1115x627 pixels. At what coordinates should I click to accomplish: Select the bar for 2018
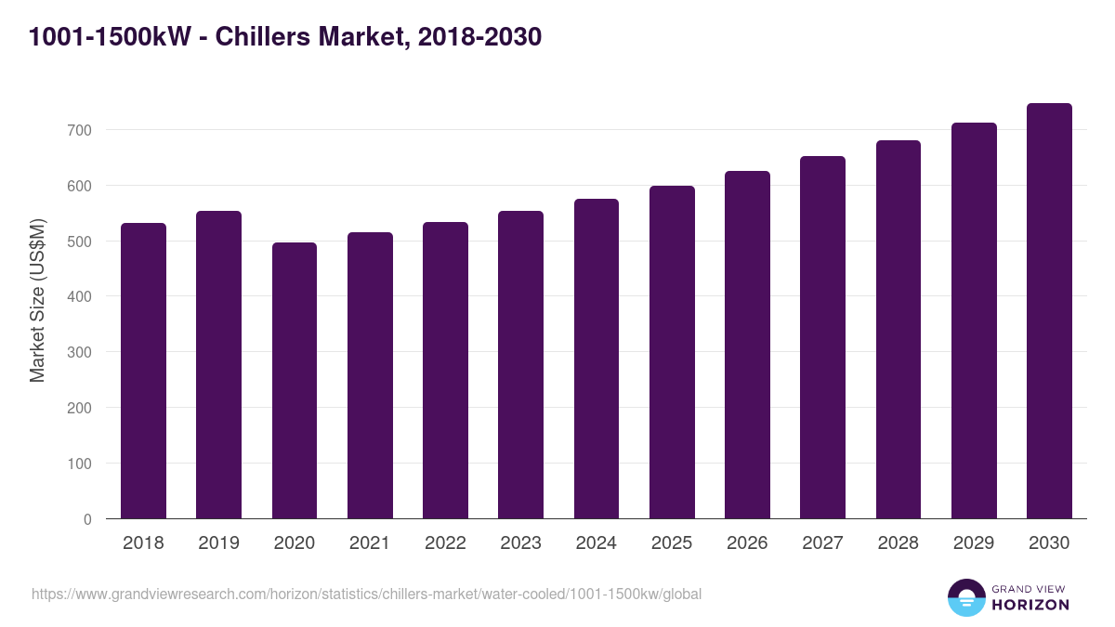coord(143,372)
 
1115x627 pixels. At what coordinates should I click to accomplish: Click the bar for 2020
coord(295,381)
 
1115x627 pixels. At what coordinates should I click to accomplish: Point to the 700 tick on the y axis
coord(80,130)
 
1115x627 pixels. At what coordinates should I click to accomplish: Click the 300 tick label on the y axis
coord(80,352)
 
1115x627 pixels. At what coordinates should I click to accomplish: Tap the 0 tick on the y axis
coord(87,519)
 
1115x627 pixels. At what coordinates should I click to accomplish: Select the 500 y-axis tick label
coord(80,242)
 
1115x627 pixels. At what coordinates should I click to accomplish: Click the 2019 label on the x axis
coord(218,543)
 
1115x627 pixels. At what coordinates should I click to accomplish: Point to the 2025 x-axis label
coord(672,543)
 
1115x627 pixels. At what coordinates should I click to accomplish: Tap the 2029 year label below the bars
coord(974,543)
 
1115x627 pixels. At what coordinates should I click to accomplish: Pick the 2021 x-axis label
coord(370,543)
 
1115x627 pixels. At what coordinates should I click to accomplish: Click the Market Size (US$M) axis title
coord(37,300)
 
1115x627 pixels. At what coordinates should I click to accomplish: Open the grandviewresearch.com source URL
coord(366,594)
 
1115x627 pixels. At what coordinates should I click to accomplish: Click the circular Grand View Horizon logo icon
coord(966,597)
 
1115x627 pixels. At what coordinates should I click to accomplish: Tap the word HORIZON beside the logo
coord(1030,605)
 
